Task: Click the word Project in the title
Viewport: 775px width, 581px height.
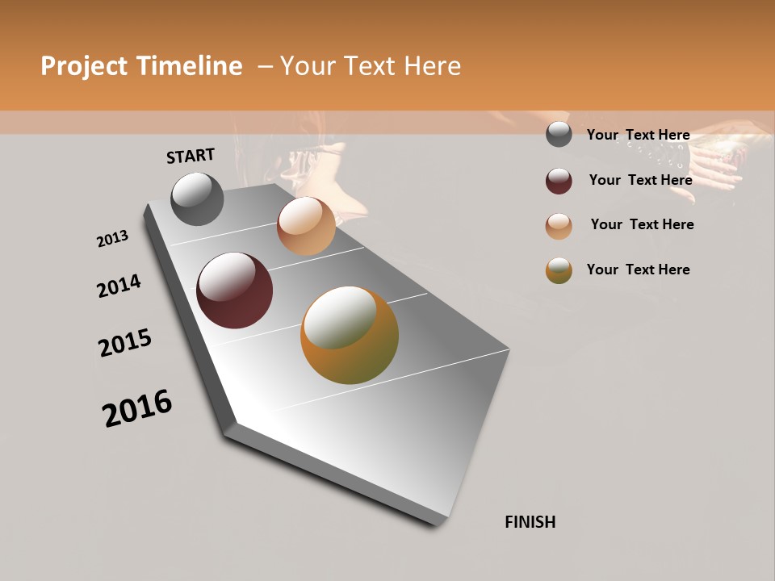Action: click(83, 66)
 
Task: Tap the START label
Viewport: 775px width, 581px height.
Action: click(191, 156)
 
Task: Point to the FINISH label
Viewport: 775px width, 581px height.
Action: click(530, 522)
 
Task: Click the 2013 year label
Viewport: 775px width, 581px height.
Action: click(112, 239)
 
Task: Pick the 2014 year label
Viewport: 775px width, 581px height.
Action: click(119, 286)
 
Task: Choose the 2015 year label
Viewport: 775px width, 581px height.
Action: click(125, 343)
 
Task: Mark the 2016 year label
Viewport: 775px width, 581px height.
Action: click(137, 408)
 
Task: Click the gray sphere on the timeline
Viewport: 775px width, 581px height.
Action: click(198, 199)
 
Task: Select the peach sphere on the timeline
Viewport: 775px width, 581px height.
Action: click(306, 226)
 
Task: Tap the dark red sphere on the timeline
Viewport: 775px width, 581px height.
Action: click(234, 290)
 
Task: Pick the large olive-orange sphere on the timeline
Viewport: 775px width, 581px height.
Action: click(350, 335)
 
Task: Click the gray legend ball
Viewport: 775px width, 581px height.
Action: click(559, 135)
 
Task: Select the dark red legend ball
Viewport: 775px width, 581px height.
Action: click(559, 180)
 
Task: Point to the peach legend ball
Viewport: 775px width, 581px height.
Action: click(559, 225)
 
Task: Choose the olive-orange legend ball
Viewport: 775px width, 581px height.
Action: click(559, 270)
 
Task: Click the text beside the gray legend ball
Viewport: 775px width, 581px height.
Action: click(638, 135)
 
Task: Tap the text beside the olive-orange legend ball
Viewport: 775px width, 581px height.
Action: click(638, 270)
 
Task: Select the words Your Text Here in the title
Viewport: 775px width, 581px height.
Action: click(371, 66)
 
